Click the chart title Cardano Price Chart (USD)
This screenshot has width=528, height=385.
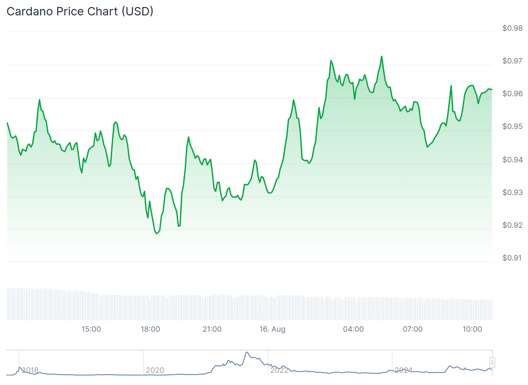(80, 12)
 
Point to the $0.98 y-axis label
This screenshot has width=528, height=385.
(512, 28)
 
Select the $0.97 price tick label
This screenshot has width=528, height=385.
(512, 61)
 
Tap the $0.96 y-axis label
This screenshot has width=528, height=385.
(512, 94)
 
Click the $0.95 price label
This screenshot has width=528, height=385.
(512, 126)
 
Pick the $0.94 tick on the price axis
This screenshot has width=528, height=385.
(512, 159)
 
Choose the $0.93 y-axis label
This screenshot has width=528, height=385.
(512, 193)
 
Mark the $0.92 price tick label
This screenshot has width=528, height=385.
(512, 225)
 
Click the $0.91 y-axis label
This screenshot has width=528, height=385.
(512, 258)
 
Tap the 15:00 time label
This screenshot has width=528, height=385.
(91, 329)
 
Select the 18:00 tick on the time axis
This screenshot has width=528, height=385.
(150, 329)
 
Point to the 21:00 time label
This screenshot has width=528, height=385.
(212, 329)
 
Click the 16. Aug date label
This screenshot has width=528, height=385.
(272, 329)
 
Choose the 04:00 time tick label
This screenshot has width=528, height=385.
(353, 329)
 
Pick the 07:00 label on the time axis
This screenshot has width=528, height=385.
(413, 329)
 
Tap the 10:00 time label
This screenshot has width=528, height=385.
(472, 329)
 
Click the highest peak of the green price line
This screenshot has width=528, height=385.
(382, 56)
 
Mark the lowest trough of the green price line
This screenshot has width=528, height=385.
(156, 234)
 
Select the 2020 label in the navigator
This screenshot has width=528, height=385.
(155, 370)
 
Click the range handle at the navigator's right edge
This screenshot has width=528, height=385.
(492, 363)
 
